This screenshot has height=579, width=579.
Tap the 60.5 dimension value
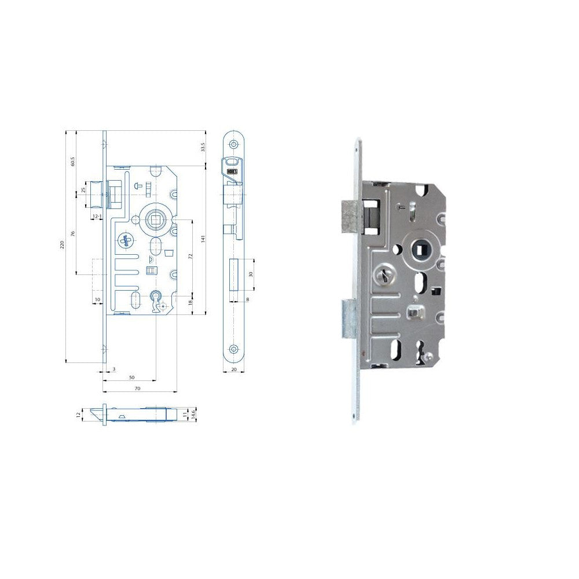point(73,161)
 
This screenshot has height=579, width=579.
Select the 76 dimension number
point(73,233)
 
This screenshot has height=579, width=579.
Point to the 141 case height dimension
point(203,239)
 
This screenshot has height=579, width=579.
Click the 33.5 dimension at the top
point(203,148)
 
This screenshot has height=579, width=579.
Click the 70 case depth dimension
point(137,389)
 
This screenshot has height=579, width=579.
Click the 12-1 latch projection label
point(97,217)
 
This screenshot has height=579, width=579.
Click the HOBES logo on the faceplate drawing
point(232,172)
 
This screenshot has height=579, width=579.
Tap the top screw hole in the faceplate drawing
point(234,144)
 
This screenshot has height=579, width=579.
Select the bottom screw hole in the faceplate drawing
point(234,349)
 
